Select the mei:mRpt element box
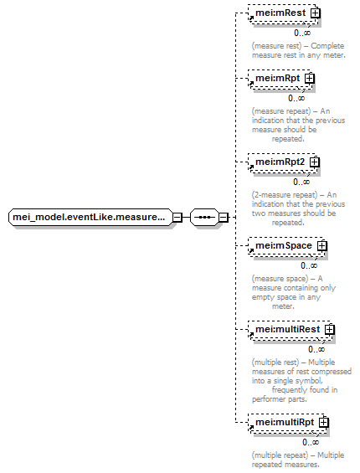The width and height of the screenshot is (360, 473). coord(280,79)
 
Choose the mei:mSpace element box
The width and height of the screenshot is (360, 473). coord(286,246)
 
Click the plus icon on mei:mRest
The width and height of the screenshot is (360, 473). coord(316,13)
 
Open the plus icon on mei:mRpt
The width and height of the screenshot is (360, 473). coord(310,79)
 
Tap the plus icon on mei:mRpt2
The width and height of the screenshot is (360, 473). coord(315,162)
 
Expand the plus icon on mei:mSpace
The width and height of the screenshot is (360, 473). coord(322,246)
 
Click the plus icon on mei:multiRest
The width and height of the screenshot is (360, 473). coord(330,330)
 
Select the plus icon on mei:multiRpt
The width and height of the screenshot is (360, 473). coord(324,423)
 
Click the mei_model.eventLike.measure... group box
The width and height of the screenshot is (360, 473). coord(90,217)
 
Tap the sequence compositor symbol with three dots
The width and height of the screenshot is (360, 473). coord(204,217)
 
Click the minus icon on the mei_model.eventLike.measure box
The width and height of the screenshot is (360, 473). coord(177,217)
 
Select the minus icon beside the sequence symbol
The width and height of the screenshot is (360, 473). coord(223,217)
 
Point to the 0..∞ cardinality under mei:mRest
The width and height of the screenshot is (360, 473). coord(302,33)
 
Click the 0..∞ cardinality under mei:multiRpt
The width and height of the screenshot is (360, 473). coord(311,442)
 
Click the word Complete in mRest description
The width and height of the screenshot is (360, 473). coord(327,46)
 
